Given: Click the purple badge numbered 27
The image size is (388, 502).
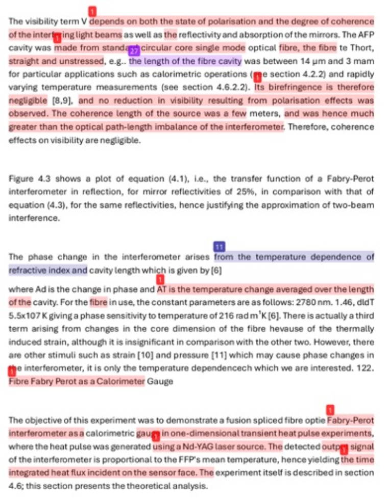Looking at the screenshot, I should [x=134, y=50].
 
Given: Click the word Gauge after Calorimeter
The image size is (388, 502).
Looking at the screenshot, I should [x=160, y=381].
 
